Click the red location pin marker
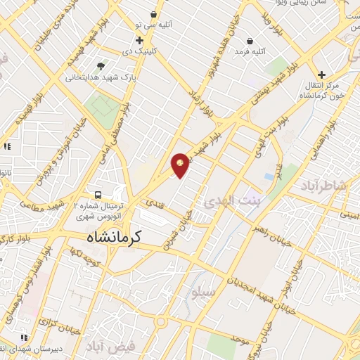click(x=180, y=164)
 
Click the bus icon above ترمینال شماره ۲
click(x=99, y=195)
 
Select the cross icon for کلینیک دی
click(x=139, y=40)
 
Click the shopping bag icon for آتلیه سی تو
click(x=153, y=14)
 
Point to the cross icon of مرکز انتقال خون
click(x=321, y=75)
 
